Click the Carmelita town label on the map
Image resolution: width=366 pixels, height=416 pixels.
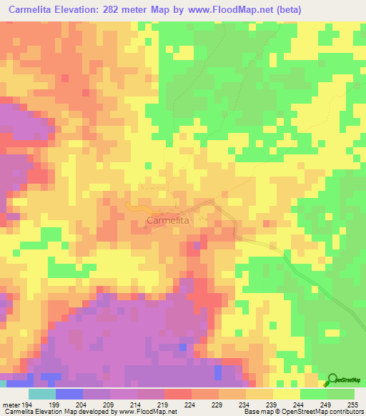[168, 222]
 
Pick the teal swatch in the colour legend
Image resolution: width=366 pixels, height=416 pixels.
[42, 395]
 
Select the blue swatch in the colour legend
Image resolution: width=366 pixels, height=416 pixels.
[69, 395]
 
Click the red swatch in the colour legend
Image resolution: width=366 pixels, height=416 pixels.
[178, 395]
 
